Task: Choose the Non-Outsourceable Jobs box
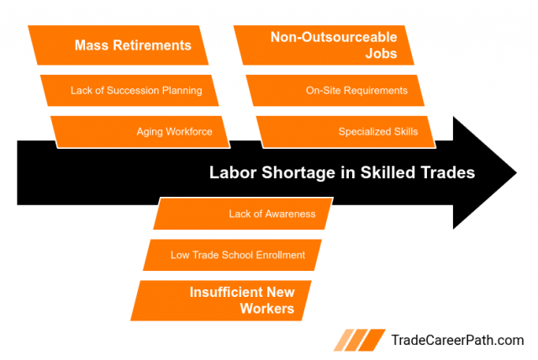point(328,45)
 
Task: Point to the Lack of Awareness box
point(244,214)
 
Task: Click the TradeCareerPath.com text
point(457,341)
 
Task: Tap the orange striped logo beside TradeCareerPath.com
point(361,340)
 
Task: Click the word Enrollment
point(274,255)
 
